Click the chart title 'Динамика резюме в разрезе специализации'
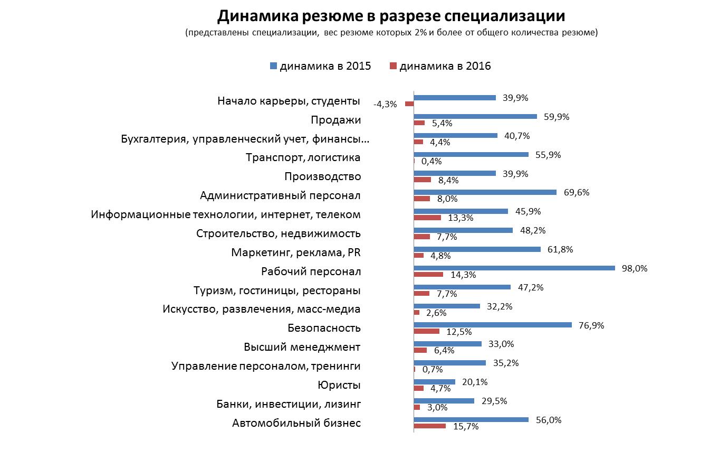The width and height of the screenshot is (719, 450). [391, 16]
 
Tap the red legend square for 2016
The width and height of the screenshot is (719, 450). [392, 66]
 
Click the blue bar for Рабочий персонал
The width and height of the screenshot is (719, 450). [514, 268]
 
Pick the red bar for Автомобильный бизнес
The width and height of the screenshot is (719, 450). [429, 426]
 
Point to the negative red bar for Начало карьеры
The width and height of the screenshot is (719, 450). [409, 104]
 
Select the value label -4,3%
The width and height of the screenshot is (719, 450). [385, 104]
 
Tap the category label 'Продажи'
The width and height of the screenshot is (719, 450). [336, 120]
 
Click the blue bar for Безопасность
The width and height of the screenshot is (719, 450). [493, 325]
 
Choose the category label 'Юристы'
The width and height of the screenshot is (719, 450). [339, 385]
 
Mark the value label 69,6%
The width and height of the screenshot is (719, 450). [577, 192]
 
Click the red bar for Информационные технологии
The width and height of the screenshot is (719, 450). [427, 218]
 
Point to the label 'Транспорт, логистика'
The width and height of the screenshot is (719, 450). [303, 157]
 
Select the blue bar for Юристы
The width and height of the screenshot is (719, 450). [435, 381]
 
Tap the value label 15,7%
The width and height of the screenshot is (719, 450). [466, 426]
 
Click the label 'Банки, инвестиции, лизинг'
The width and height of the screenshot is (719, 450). [289, 404]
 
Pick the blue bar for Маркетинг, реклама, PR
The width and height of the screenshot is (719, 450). [477, 249]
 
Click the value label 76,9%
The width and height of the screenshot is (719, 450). [592, 325]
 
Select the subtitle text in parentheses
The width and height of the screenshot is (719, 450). [391, 33]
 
